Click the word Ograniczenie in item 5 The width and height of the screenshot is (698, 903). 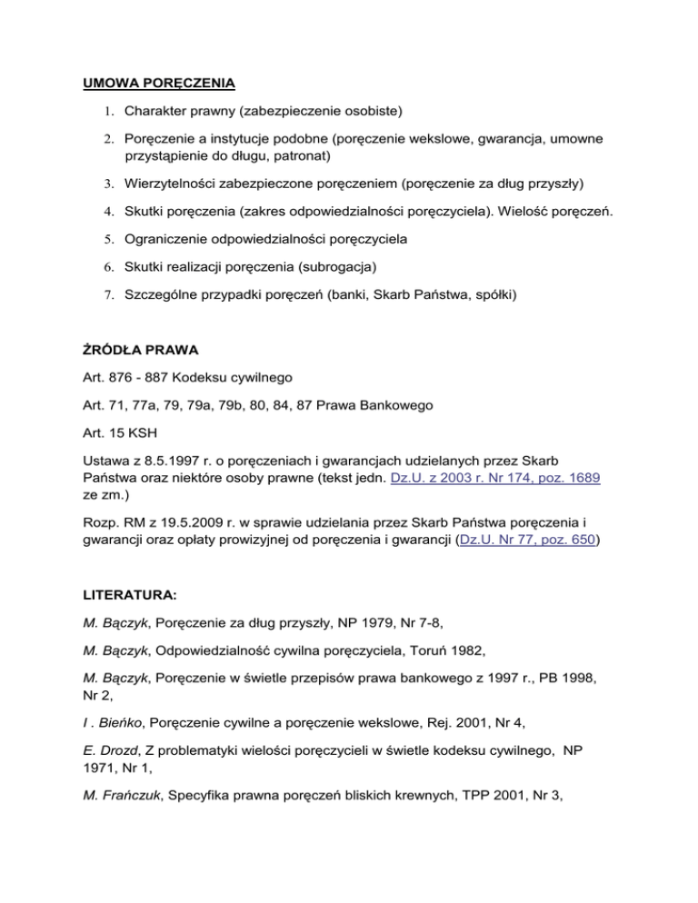click(171, 244)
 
